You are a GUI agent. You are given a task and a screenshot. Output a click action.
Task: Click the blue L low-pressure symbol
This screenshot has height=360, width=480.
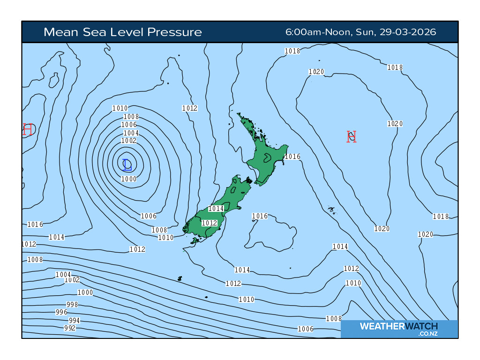click(x=127, y=165)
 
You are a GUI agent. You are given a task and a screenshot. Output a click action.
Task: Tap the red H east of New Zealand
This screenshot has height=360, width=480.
click(x=352, y=136)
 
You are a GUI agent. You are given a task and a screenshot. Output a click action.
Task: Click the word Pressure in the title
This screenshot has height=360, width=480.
click(x=174, y=32)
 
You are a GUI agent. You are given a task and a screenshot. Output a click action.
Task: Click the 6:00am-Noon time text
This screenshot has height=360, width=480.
click(x=319, y=32)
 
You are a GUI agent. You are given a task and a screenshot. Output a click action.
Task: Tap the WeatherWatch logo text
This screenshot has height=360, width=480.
click(x=398, y=326)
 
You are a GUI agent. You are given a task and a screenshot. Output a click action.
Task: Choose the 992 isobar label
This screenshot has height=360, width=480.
click(x=70, y=328)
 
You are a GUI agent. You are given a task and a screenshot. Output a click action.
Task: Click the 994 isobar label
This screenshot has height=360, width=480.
click(x=75, y=321)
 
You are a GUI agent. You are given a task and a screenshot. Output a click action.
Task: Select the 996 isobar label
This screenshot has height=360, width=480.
click(x=61, y=312)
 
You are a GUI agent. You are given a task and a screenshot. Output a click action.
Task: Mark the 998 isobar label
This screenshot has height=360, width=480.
click(x=72, y=305)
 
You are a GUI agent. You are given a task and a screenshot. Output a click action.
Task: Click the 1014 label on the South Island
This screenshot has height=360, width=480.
click(x=216, y=209)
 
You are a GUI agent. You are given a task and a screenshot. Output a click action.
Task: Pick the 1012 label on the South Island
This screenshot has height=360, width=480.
click(x=210, y=223)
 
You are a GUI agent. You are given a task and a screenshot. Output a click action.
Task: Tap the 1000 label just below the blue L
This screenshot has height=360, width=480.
click(x=129, y=179)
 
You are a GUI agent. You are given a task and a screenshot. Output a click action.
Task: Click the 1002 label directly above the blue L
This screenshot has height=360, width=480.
click(x=129, y=141)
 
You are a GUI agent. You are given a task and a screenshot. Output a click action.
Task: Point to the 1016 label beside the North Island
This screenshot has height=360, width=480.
click(x=292, y=157)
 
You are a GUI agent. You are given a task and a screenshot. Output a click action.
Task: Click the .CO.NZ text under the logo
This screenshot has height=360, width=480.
click(x=428, y=334)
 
